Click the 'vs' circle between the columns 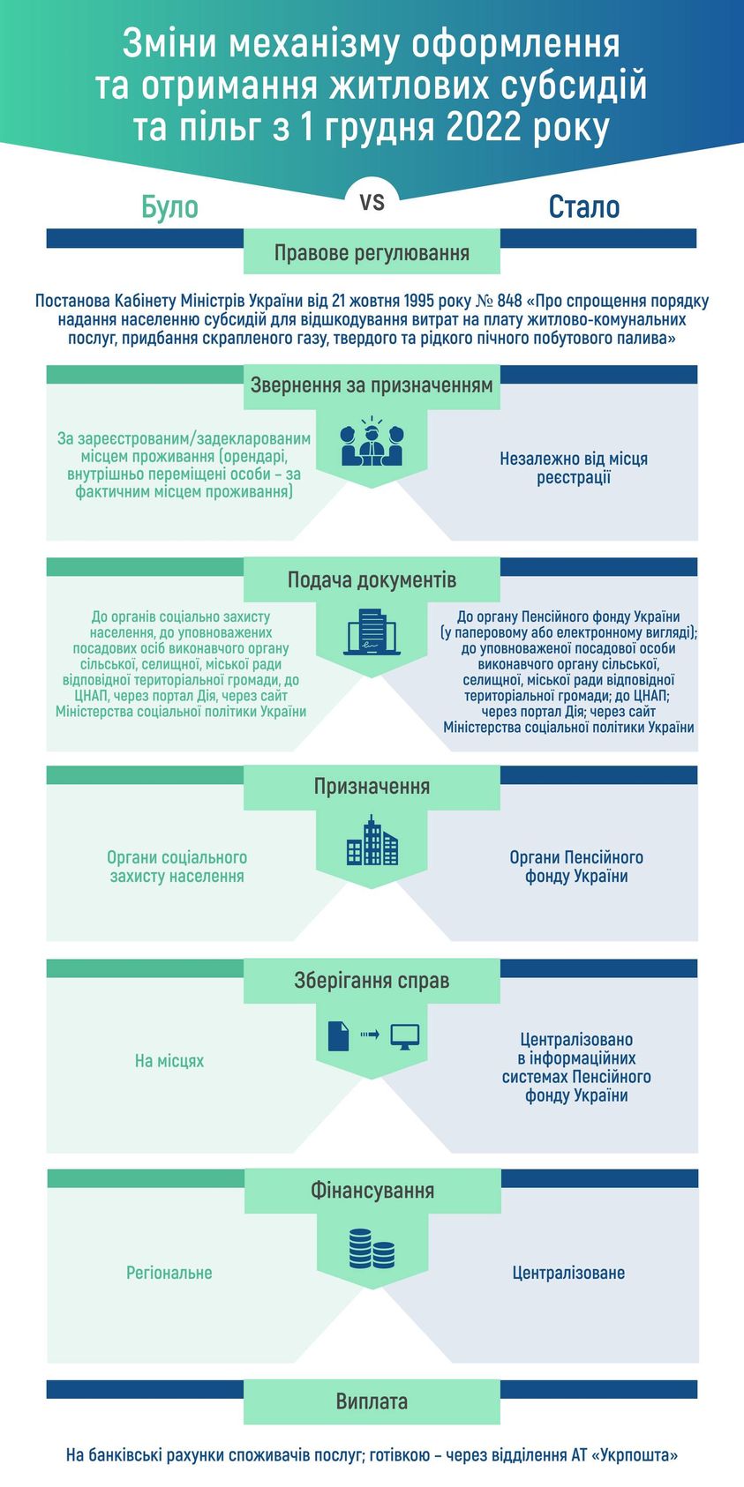click(372, 202)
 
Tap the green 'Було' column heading click(169, 207)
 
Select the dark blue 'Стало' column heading click(583, 207)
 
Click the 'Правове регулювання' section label click(372, 253)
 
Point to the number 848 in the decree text click(509, 301)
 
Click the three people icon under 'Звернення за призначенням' click(372, 445)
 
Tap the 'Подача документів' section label click(372, 579)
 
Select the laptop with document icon click(372, 634)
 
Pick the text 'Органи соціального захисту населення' click(177, 867)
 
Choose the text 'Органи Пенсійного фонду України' click(576, 867)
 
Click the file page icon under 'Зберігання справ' click(339, 1035)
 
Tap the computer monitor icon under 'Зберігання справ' click(404, 1036)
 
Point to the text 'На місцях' click(169, 1061)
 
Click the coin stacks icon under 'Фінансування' click(372, 1248)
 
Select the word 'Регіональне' click(169, 1273)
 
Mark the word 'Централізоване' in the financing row click(568, 1273)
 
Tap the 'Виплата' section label click(372, 1401)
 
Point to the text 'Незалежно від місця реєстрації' click(574, 468)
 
